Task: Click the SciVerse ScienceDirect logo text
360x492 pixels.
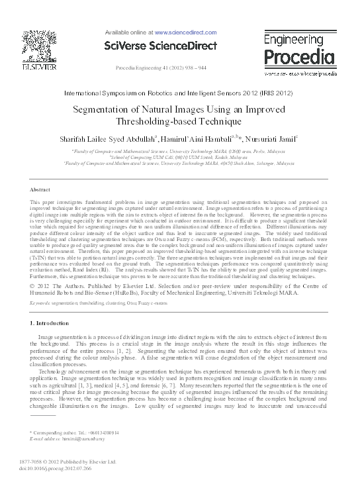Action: [161, 45]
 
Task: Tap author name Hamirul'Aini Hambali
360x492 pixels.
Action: [202, 140]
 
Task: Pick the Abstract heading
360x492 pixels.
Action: [42, 189]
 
